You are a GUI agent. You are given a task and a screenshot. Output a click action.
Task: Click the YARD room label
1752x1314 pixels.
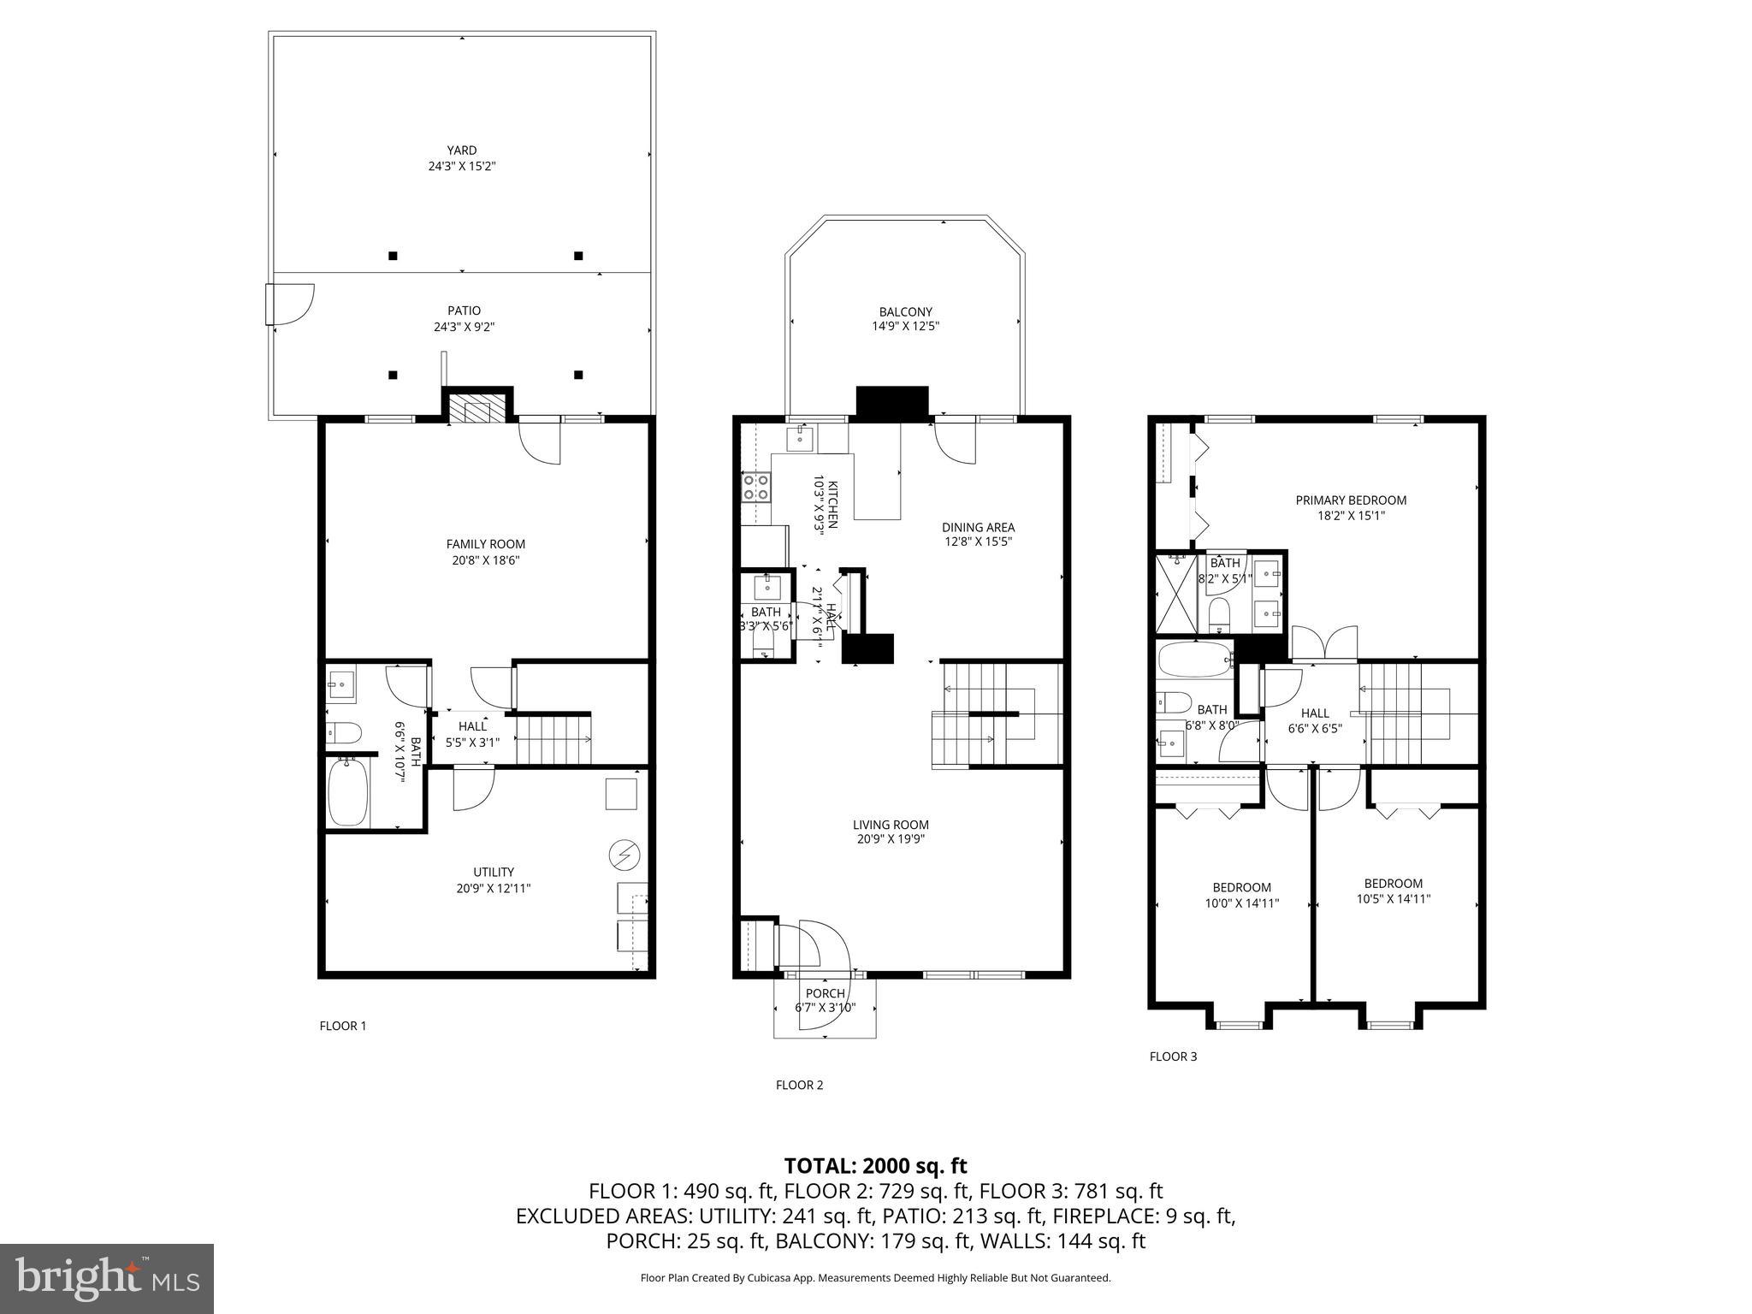click(462, 151)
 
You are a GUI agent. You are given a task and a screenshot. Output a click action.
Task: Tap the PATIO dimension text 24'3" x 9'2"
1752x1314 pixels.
click(464, 327)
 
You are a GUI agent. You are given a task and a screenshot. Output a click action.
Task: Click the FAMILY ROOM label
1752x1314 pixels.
click(485, 544)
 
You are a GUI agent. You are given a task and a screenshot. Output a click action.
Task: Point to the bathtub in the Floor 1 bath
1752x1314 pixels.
click(348, 791)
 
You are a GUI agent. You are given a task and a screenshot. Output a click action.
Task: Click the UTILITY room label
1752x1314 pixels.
click(494, 873)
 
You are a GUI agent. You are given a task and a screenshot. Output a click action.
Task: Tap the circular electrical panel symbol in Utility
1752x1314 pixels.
click(624, 855)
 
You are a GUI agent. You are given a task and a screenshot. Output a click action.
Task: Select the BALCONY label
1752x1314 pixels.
click(905, 312)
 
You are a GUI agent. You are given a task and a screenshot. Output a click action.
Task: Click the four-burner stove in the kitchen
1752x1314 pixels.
click(755, 487)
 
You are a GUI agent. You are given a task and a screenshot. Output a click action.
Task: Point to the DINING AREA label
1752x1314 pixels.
click(978, 528)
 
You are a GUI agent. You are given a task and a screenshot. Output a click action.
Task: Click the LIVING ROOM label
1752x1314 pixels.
click(891, 825)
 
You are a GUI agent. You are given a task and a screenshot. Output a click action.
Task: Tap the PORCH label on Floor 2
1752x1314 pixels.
click(825, 993)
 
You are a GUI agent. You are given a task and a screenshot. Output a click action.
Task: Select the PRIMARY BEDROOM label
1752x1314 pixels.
click(1351, 500)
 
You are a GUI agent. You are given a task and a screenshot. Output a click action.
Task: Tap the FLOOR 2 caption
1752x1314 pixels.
click(799, 1086)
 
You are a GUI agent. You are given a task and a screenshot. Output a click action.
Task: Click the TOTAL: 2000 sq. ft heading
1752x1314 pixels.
click(875, 1166)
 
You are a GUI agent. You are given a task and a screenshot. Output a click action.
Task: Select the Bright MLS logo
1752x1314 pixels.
click(107, 1278)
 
